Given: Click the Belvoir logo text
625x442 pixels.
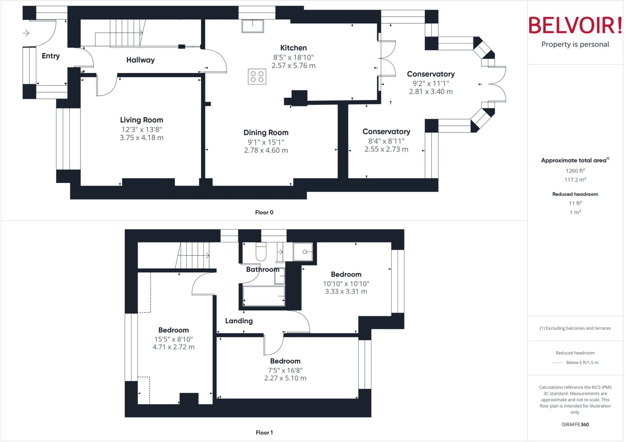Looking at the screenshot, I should click(575, 25).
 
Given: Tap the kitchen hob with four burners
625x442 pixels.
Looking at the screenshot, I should click(257, 77).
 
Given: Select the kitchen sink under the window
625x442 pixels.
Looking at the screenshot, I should click(252, 26).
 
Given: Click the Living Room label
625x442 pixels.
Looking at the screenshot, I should click(141, 120).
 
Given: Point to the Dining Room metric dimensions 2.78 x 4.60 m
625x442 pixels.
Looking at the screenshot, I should click(266, 150).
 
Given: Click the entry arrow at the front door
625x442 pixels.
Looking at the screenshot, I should click(26, 33).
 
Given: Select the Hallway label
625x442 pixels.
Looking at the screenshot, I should click(140, 60).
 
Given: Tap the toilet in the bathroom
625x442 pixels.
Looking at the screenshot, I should click(261, 252).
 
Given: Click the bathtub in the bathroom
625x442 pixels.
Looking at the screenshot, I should click(264, 296).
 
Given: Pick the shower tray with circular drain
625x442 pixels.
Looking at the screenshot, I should click(303, 252).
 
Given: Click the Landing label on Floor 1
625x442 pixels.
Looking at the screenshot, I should click(239, 321).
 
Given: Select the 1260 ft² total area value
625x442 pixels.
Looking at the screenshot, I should click(575, 171).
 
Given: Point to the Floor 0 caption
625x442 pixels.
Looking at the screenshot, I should click(264, 212).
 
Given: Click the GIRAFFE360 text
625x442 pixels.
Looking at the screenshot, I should click(575, 424).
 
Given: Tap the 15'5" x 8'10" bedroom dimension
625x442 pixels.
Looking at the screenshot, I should click(173, 339).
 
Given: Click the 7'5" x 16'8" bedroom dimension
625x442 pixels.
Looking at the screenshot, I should click(285, 370).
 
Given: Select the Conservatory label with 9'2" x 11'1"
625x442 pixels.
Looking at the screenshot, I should click(431, 74).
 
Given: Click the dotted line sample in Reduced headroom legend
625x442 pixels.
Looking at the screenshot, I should click(557, 363).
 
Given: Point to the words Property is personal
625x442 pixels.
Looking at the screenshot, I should click(575, 44).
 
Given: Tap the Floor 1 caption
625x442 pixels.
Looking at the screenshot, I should click(264, 433).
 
